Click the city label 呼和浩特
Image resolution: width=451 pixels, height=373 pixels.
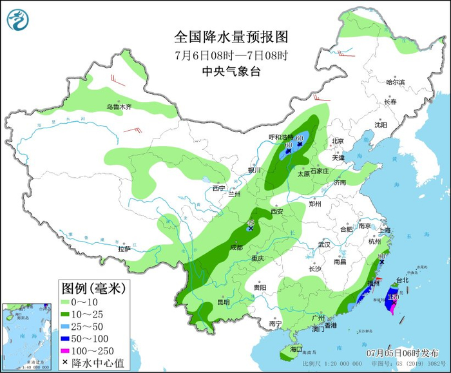tap(281, 137)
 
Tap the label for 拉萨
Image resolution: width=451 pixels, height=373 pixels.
tap(124, 249)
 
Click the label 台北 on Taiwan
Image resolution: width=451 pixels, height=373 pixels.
tap(401, 280)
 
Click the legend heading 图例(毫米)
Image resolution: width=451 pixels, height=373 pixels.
tap(93, 287)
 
